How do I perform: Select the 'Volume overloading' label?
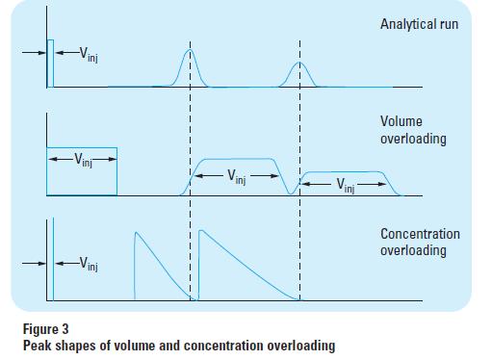(x=413, y=131)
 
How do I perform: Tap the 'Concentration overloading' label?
(x=420, y=242)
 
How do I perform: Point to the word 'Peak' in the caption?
(x=38, y=345)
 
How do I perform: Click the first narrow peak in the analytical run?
(x=190, y=67)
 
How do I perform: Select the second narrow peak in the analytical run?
(x=299, y=73)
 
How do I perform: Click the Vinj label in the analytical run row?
(x=89, y=54)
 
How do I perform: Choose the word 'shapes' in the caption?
(x=78, y=345)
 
